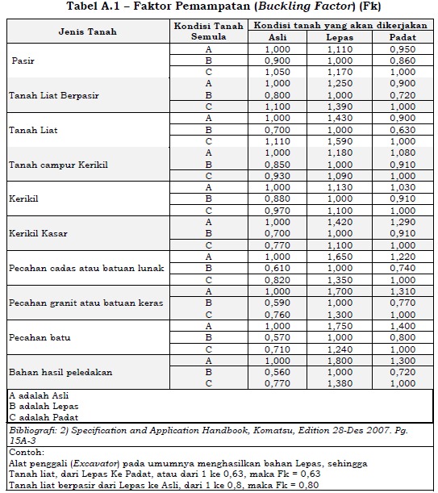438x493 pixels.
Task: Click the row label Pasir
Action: [23, 61]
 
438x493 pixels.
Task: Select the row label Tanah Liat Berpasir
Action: [53, 95]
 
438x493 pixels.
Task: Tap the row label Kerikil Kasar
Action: [38, 233]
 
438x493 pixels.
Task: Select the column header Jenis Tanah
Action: [86, 31]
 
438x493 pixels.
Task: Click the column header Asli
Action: [277, 38]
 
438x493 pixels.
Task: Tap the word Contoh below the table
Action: [23, 453]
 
